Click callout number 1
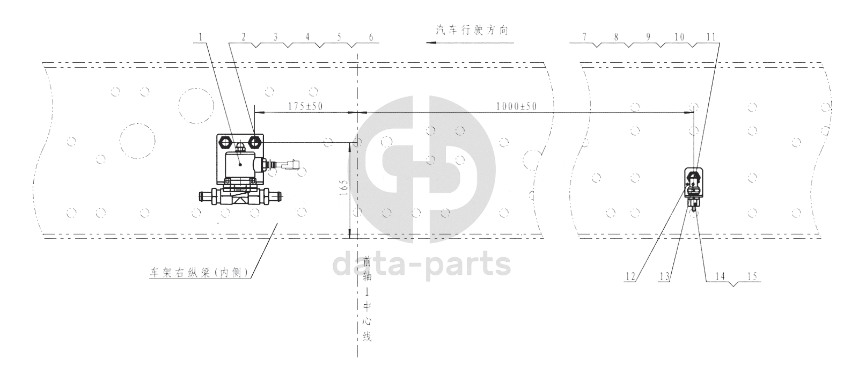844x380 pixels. (201, 37)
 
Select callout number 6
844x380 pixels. (371, 37)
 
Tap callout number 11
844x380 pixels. (711, 37)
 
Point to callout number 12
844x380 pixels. (630, 276)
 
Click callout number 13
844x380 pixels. (664, 276)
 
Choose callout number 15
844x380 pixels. (752, 276)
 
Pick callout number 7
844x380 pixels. (584, 37)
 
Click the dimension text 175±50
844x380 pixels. (306, 106)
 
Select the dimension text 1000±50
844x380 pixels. (517, 106)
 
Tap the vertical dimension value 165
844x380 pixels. (343, 187)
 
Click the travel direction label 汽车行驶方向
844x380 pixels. (472, 30)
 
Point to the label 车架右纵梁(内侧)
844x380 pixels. (200, 272)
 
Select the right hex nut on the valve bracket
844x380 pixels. (256, 143)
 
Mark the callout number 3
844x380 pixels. (275, 37)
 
